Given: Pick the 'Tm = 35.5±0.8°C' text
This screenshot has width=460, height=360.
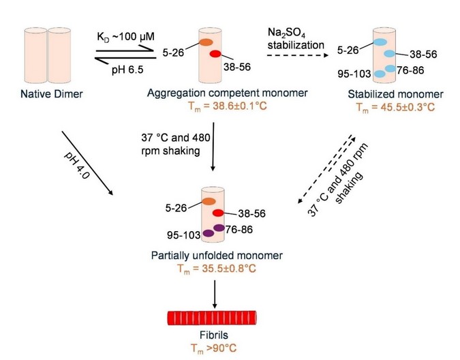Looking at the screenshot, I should pos(214,268).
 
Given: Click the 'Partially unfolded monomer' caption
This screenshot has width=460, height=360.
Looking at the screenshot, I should pos(214,256).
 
